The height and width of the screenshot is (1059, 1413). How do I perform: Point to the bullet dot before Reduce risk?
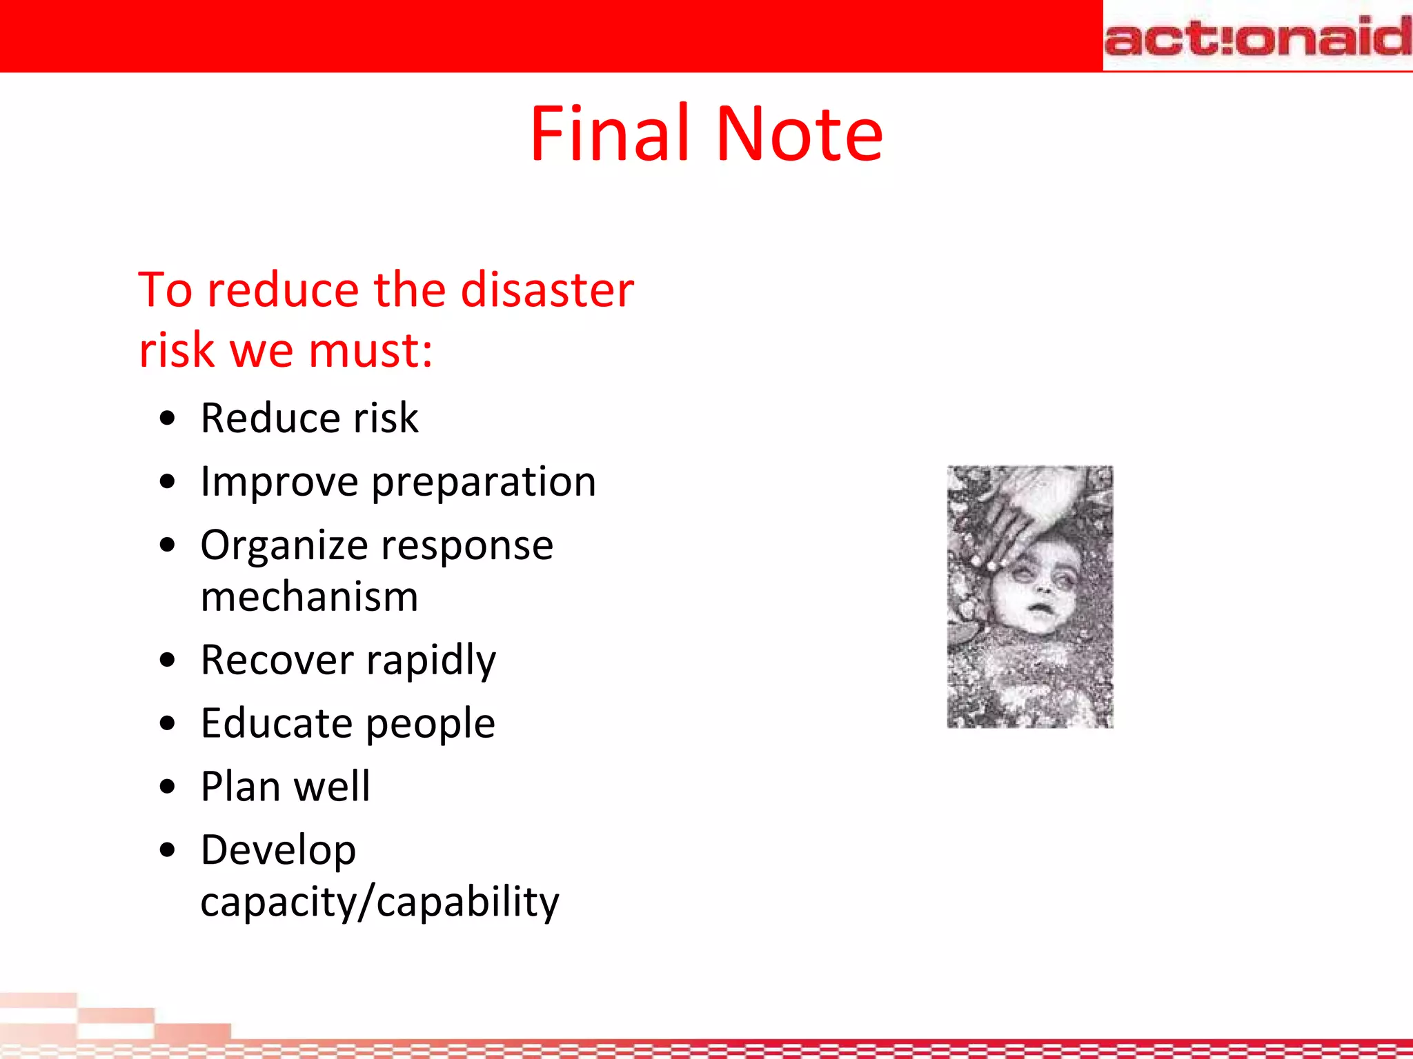tap(168, 418)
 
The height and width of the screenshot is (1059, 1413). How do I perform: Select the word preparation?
tap(484, 483)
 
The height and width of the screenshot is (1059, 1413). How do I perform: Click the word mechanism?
tap(309, 596)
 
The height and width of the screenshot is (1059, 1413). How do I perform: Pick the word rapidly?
tap(431, 660)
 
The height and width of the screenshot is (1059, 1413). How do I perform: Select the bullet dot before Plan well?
tap(168, 787)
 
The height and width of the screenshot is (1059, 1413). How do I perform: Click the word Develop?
tap(278, 851)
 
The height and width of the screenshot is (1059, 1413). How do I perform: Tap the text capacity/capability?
tap(379, 902)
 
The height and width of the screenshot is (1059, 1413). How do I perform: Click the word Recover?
tap(277, 660)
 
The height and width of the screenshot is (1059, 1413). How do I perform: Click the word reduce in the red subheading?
tap(283, 290)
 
